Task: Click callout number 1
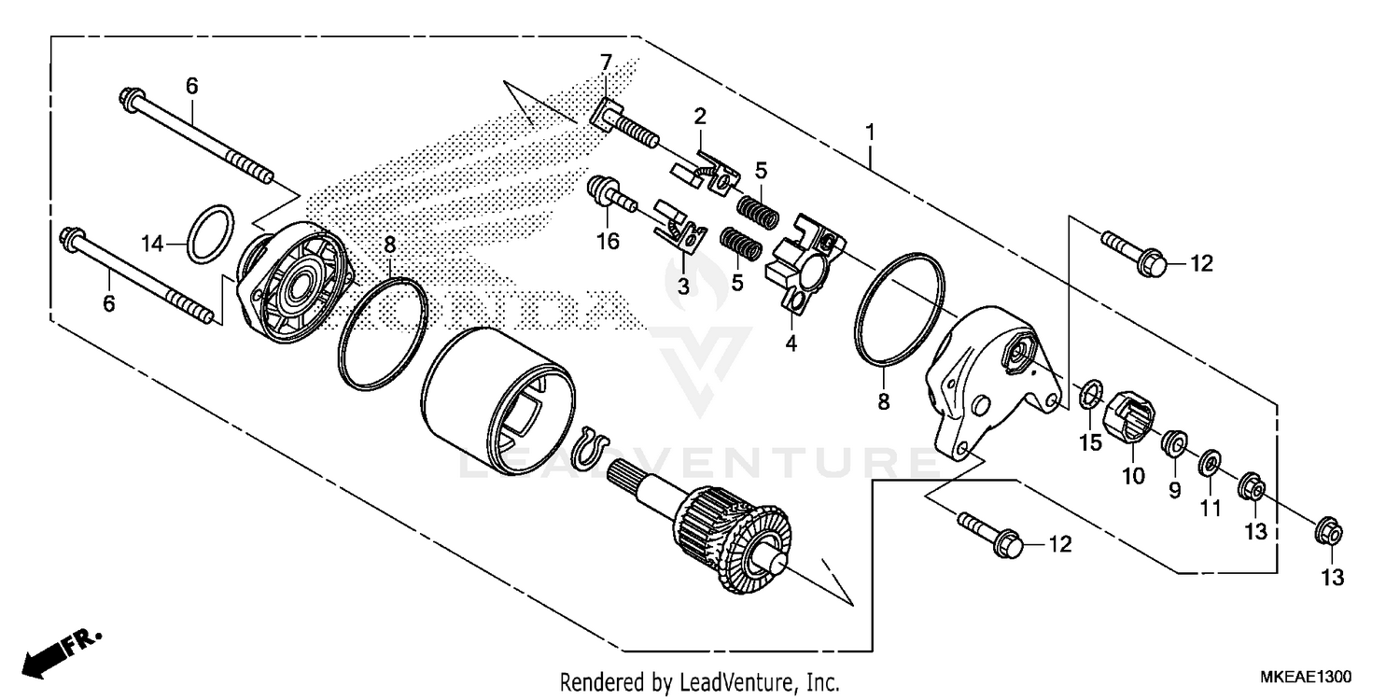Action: tap(870, 133)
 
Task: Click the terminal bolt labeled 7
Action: tap(625, 128)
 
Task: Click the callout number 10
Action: tap(1133, 476)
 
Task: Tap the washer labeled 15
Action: tap(1088, 394)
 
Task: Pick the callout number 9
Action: tap(1175, 489)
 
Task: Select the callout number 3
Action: tap(683, 287)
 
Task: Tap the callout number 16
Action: tap(608, 242)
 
